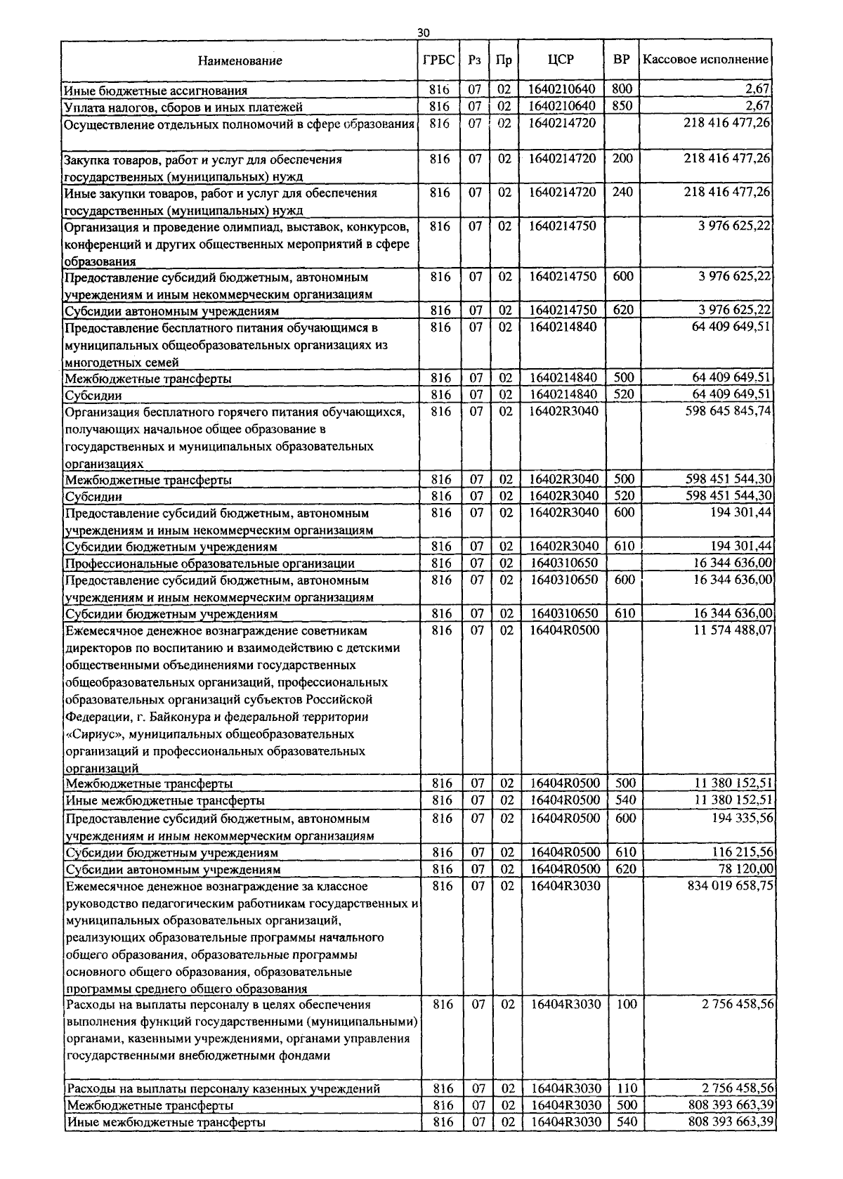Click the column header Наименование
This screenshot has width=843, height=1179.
[x=240, y=61]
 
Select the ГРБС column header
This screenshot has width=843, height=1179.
[x=439, y=60]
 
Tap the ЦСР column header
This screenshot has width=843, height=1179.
[x=561, y=60]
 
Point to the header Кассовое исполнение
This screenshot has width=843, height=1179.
[x=705, y=60]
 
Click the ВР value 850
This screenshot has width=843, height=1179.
[x=622, y=106]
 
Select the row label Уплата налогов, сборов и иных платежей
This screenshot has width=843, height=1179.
[x=183, y=108]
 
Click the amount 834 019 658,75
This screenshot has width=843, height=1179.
[x=731, y=886]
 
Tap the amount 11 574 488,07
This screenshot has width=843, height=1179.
[x=733, y=630]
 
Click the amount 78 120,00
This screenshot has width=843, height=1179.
[x=744, y=868]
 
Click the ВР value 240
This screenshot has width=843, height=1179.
[x=622, y=192]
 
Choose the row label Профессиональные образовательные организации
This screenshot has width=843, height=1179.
[x=209, y=564]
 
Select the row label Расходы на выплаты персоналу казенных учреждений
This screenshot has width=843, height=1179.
[x=223, y=1089]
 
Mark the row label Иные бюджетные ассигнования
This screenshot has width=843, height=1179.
[x=155, y=91]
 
